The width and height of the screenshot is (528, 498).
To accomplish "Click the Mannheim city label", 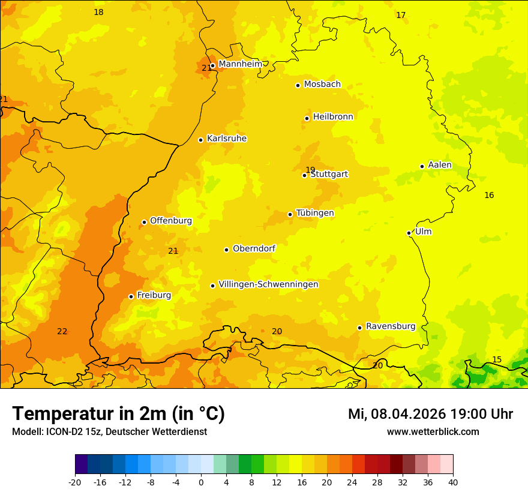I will click(240, 64).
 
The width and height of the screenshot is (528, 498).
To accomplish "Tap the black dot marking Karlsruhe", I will click(201, 140).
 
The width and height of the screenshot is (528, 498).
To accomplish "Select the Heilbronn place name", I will click(333, 117).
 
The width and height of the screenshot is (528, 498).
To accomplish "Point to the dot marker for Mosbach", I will click(298, 85).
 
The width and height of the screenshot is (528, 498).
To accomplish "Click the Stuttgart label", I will click(329, 175).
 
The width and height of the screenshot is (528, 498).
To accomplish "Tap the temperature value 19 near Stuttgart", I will click(310, 170).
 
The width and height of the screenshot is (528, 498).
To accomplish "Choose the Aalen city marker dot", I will click(422, 166).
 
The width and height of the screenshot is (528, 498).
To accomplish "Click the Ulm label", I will click(423, 232).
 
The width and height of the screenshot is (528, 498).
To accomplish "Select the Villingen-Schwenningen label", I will click(268, 284).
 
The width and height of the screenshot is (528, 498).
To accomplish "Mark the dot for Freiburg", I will click(131, 296).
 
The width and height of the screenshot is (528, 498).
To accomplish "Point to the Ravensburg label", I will click(391, 326).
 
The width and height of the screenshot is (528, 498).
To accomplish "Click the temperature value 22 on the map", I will click(62, 331).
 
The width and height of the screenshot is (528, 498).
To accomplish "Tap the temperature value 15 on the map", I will click(497, 359).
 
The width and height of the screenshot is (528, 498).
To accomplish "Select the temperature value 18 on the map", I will click(98, 12).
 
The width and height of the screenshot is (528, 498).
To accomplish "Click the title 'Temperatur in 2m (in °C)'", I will click(119, 414).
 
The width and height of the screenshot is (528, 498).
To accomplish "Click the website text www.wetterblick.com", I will click(433, 431).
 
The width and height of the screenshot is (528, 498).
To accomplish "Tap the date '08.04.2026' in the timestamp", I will click(407, 414).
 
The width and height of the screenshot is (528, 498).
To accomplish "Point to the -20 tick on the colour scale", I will click(75, 482).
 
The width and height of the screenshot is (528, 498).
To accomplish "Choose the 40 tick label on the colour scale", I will click(452, 482).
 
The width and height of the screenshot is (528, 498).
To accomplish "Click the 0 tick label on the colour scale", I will click(201, 482).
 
